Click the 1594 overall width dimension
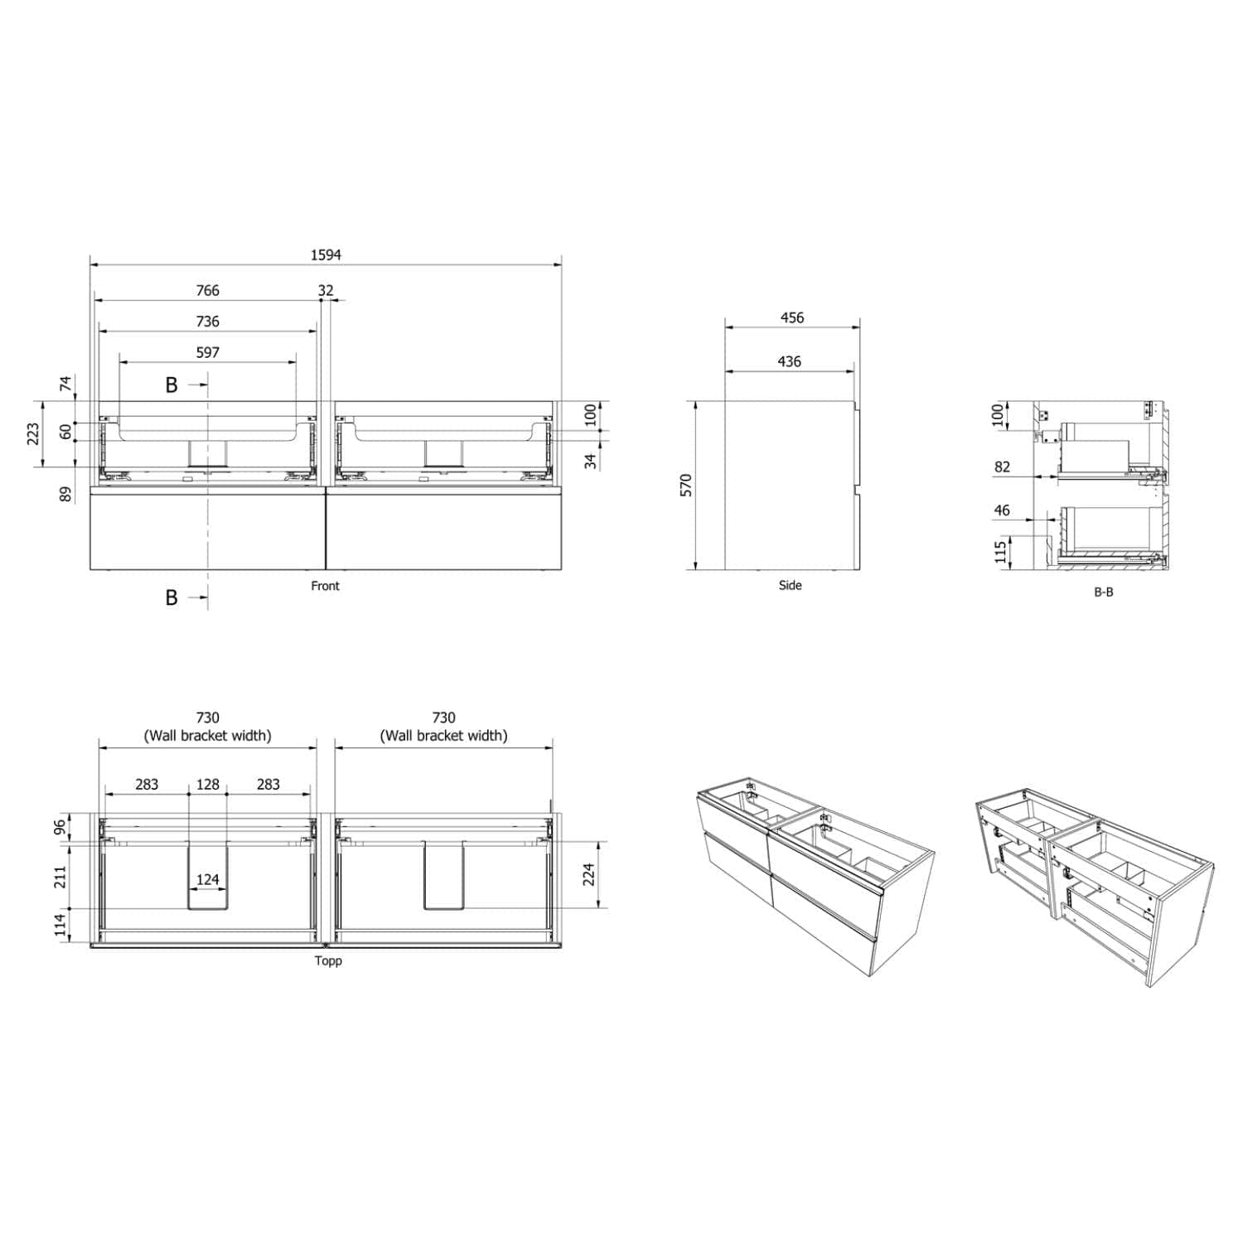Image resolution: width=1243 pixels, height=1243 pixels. point(326,255)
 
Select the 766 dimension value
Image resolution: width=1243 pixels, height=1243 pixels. point(207,291)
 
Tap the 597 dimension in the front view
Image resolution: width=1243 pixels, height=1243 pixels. point(207,353)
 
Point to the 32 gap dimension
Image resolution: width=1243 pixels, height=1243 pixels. point(326,291)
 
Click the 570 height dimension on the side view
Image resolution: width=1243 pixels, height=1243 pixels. point(685,486)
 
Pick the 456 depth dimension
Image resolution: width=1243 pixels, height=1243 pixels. point(792,318)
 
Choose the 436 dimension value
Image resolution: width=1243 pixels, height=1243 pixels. point(790,362)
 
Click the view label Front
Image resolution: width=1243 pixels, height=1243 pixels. point(326,586)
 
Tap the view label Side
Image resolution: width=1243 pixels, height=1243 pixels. point(791,585)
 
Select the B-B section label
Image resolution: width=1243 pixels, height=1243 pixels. point(1104,592)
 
